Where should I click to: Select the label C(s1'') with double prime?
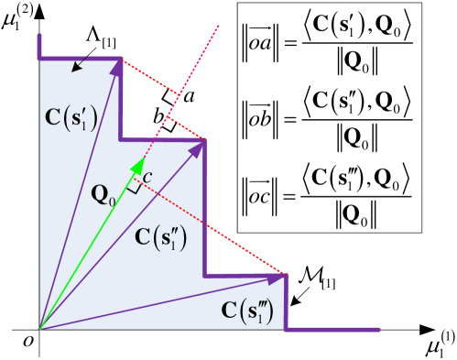pyautogui.click(x=160, y=237)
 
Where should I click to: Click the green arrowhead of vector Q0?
pyautogui.click(x=138, y=166)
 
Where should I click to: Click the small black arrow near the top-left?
pyautogui.click(x=80, y=64)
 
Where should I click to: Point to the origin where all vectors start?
pyautogui.click(x=39, y=328)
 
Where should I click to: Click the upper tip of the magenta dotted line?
pyautogui.click(x=219, y=26)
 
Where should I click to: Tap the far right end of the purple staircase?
pyautogui.click(x=378, y=329)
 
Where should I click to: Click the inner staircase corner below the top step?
pyautogui.click(x=123, y=139)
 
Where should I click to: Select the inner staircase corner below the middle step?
pyautogui.click(x=204, y=274)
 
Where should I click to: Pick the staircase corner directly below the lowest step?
pyautogui.click(x=287, y=329)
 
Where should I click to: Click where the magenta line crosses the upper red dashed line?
pyautogui.click(x=178, y=93)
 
